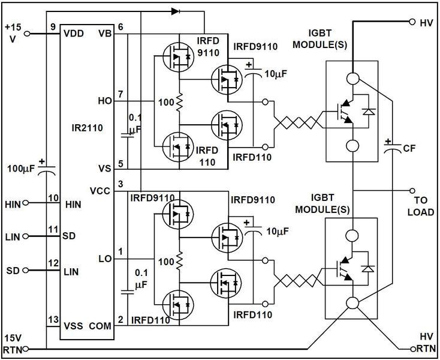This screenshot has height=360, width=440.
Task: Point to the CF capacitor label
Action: click(x=410, y=148)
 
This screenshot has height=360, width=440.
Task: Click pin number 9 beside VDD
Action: click(x=53, y=27)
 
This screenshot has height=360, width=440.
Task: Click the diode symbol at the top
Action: click(x=174, y=11)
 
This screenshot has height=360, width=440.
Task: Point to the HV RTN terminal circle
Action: click(x=413, y=348)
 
